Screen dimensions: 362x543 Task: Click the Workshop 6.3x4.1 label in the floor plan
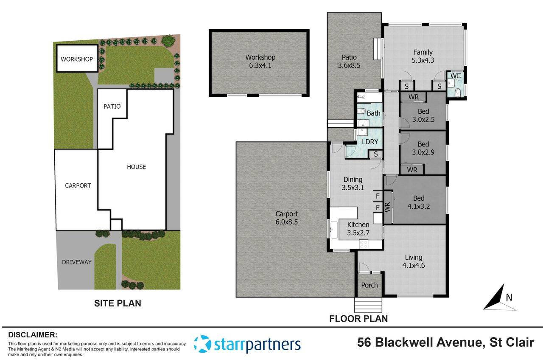260,62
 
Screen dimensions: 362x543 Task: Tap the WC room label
455,76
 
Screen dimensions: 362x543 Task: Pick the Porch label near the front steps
369,285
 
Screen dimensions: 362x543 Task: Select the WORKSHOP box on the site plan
76,59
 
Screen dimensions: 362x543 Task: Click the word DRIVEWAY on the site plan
76,262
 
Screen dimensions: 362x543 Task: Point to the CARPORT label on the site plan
78,185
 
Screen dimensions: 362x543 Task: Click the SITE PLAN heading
118,303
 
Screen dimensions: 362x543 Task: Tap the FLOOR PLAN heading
358,318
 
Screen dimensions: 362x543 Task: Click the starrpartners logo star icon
202,344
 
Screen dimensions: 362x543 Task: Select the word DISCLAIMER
33,335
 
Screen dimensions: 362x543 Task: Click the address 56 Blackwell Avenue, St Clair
445,342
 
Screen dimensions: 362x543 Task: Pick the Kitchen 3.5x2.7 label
358,229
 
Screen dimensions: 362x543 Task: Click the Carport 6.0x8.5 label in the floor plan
286,218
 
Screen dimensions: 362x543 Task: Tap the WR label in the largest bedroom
387,208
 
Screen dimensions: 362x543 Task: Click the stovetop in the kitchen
364,244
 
